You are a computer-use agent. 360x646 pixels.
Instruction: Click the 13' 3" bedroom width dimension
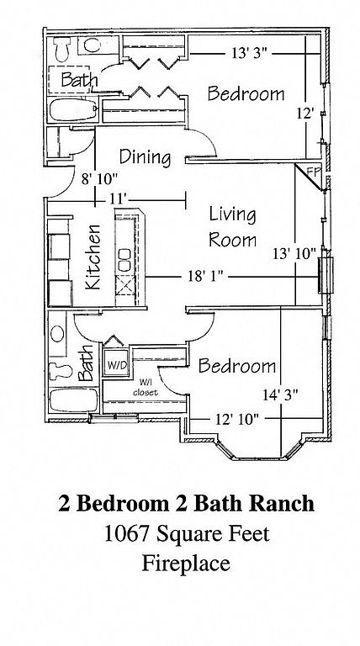tap(250, 54)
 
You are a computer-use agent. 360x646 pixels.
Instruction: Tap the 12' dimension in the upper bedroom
tap(305, 114)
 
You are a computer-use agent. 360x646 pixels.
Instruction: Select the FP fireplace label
tap(314, 172)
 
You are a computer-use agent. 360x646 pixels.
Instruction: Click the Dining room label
tap(145, 157)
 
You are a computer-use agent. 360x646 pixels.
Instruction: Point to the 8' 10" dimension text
tap(100, 179)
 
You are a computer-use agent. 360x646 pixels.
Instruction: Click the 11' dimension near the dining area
tap(118, 199)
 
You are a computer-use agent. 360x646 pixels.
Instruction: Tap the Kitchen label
tap(93, 257)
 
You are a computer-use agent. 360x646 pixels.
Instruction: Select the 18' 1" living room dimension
tap(205, 277)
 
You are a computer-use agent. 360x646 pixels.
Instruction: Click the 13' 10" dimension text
tap(294, 253)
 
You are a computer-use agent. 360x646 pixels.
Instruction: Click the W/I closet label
tap(145, 389)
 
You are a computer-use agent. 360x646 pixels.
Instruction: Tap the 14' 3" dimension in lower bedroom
tap(280, 395)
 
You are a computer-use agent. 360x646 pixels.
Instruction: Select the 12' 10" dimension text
tap(237, 420)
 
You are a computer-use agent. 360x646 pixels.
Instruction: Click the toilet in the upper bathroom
tap(62, 49)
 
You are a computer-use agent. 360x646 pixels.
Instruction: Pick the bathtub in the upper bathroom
tap(73, 110)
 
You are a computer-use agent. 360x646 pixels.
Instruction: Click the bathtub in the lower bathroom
tap(73, 400)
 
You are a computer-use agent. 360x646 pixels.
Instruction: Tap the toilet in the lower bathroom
tap(61, 371)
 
